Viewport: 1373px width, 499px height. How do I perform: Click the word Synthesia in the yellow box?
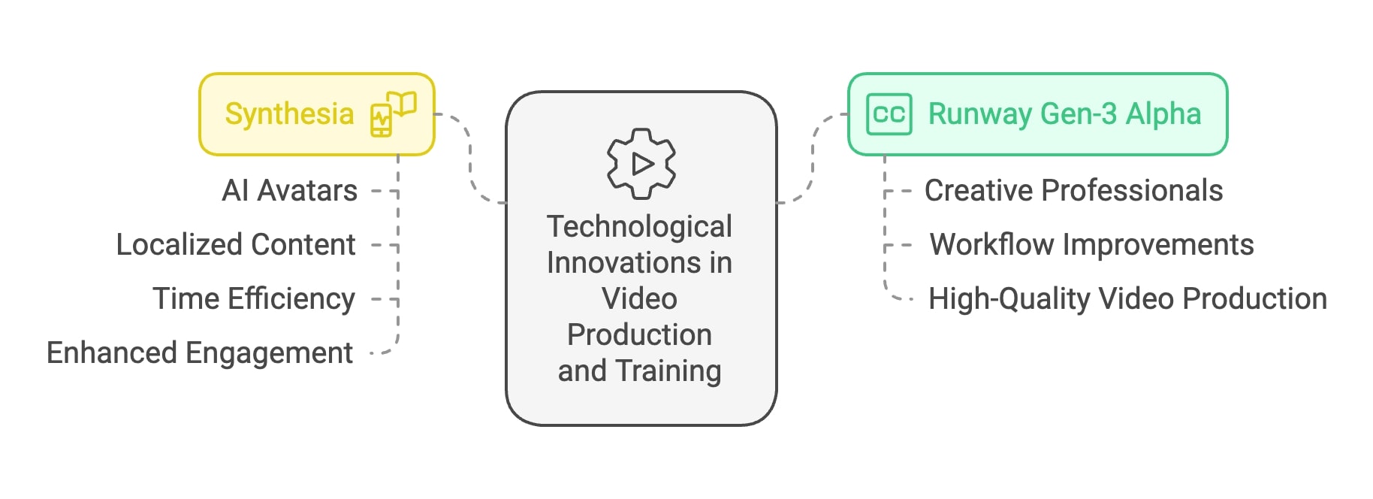(289, 114)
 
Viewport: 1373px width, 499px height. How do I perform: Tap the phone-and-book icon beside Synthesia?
(393, 114)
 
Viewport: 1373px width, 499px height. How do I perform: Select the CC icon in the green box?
(889, 114)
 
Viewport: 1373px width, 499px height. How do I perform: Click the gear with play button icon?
(641, 163)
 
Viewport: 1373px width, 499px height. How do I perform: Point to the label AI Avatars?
(289, 191)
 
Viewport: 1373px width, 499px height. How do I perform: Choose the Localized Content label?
(236, 245)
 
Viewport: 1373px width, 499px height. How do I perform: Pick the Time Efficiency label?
(254, 299)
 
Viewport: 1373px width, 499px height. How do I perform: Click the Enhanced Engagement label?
(200, 353)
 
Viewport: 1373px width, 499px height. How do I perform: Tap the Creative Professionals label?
(1073, 191)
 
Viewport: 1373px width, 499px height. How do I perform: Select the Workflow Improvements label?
(1091, 245)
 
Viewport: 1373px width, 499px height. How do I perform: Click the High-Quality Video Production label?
(1127, 299)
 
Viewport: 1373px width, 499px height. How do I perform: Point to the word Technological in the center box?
(639, 227)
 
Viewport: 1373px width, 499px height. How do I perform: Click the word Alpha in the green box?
(1163, 114)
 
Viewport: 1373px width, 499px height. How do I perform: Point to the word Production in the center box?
(639, 335)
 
